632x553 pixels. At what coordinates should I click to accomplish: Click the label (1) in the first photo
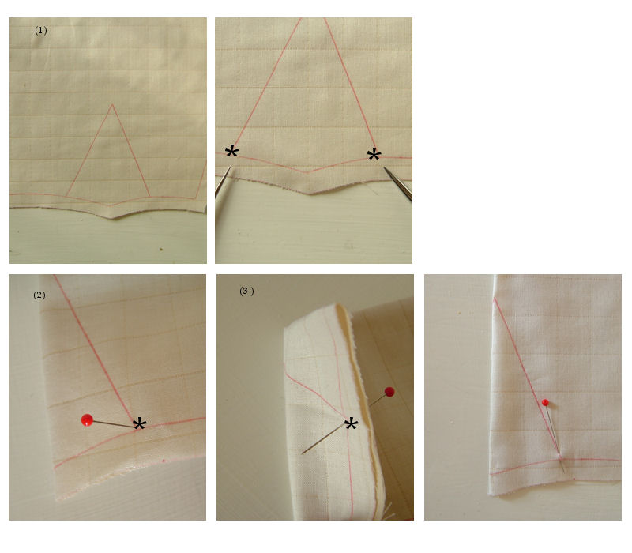pyautogui.click(x=41, y=31)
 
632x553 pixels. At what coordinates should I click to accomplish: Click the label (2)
pyautogui.click(x=39, y=295)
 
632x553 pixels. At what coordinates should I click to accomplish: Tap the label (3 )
pyautogui.click(x=246, y=291)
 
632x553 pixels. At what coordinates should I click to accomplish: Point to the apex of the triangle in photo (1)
pyautogui.click(x=112, y=105)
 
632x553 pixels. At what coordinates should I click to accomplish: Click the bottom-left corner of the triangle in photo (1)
pyautogui.click(x=66, y=197)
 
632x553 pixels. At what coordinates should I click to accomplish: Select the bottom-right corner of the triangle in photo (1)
pyautogui.click(x=150, y=197)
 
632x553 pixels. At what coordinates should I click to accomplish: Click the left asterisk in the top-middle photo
pyautogui.click(x=231, y=152)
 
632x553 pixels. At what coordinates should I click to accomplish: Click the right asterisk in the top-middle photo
pyautogui.click(x=374, y=155)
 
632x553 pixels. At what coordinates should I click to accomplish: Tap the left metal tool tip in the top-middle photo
pyautogui.click(x=231, y=167)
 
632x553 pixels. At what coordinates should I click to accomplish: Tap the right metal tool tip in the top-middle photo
pyautogui.click(x=385, y=168)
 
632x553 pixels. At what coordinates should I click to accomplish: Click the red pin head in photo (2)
pyautogui.click(x=87, y=420)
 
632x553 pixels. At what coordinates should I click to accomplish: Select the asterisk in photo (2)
pyautogui.click(x=140, y=424)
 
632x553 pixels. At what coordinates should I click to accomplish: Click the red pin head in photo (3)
pyautogui.click(x=389, y=392)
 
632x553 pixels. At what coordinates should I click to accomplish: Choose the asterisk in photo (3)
pyautogui.click(x=351, y=424)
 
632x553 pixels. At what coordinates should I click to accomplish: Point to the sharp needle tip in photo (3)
pyautogui.click(x=302, y=453)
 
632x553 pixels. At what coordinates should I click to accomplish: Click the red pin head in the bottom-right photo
pyautogui.click(x=545, y=402)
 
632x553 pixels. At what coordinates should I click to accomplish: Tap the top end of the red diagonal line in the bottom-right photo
pyautogui.click(x=495, y=299)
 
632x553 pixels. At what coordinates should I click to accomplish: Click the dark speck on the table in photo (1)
pyautogui.click(x=161, y=249)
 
